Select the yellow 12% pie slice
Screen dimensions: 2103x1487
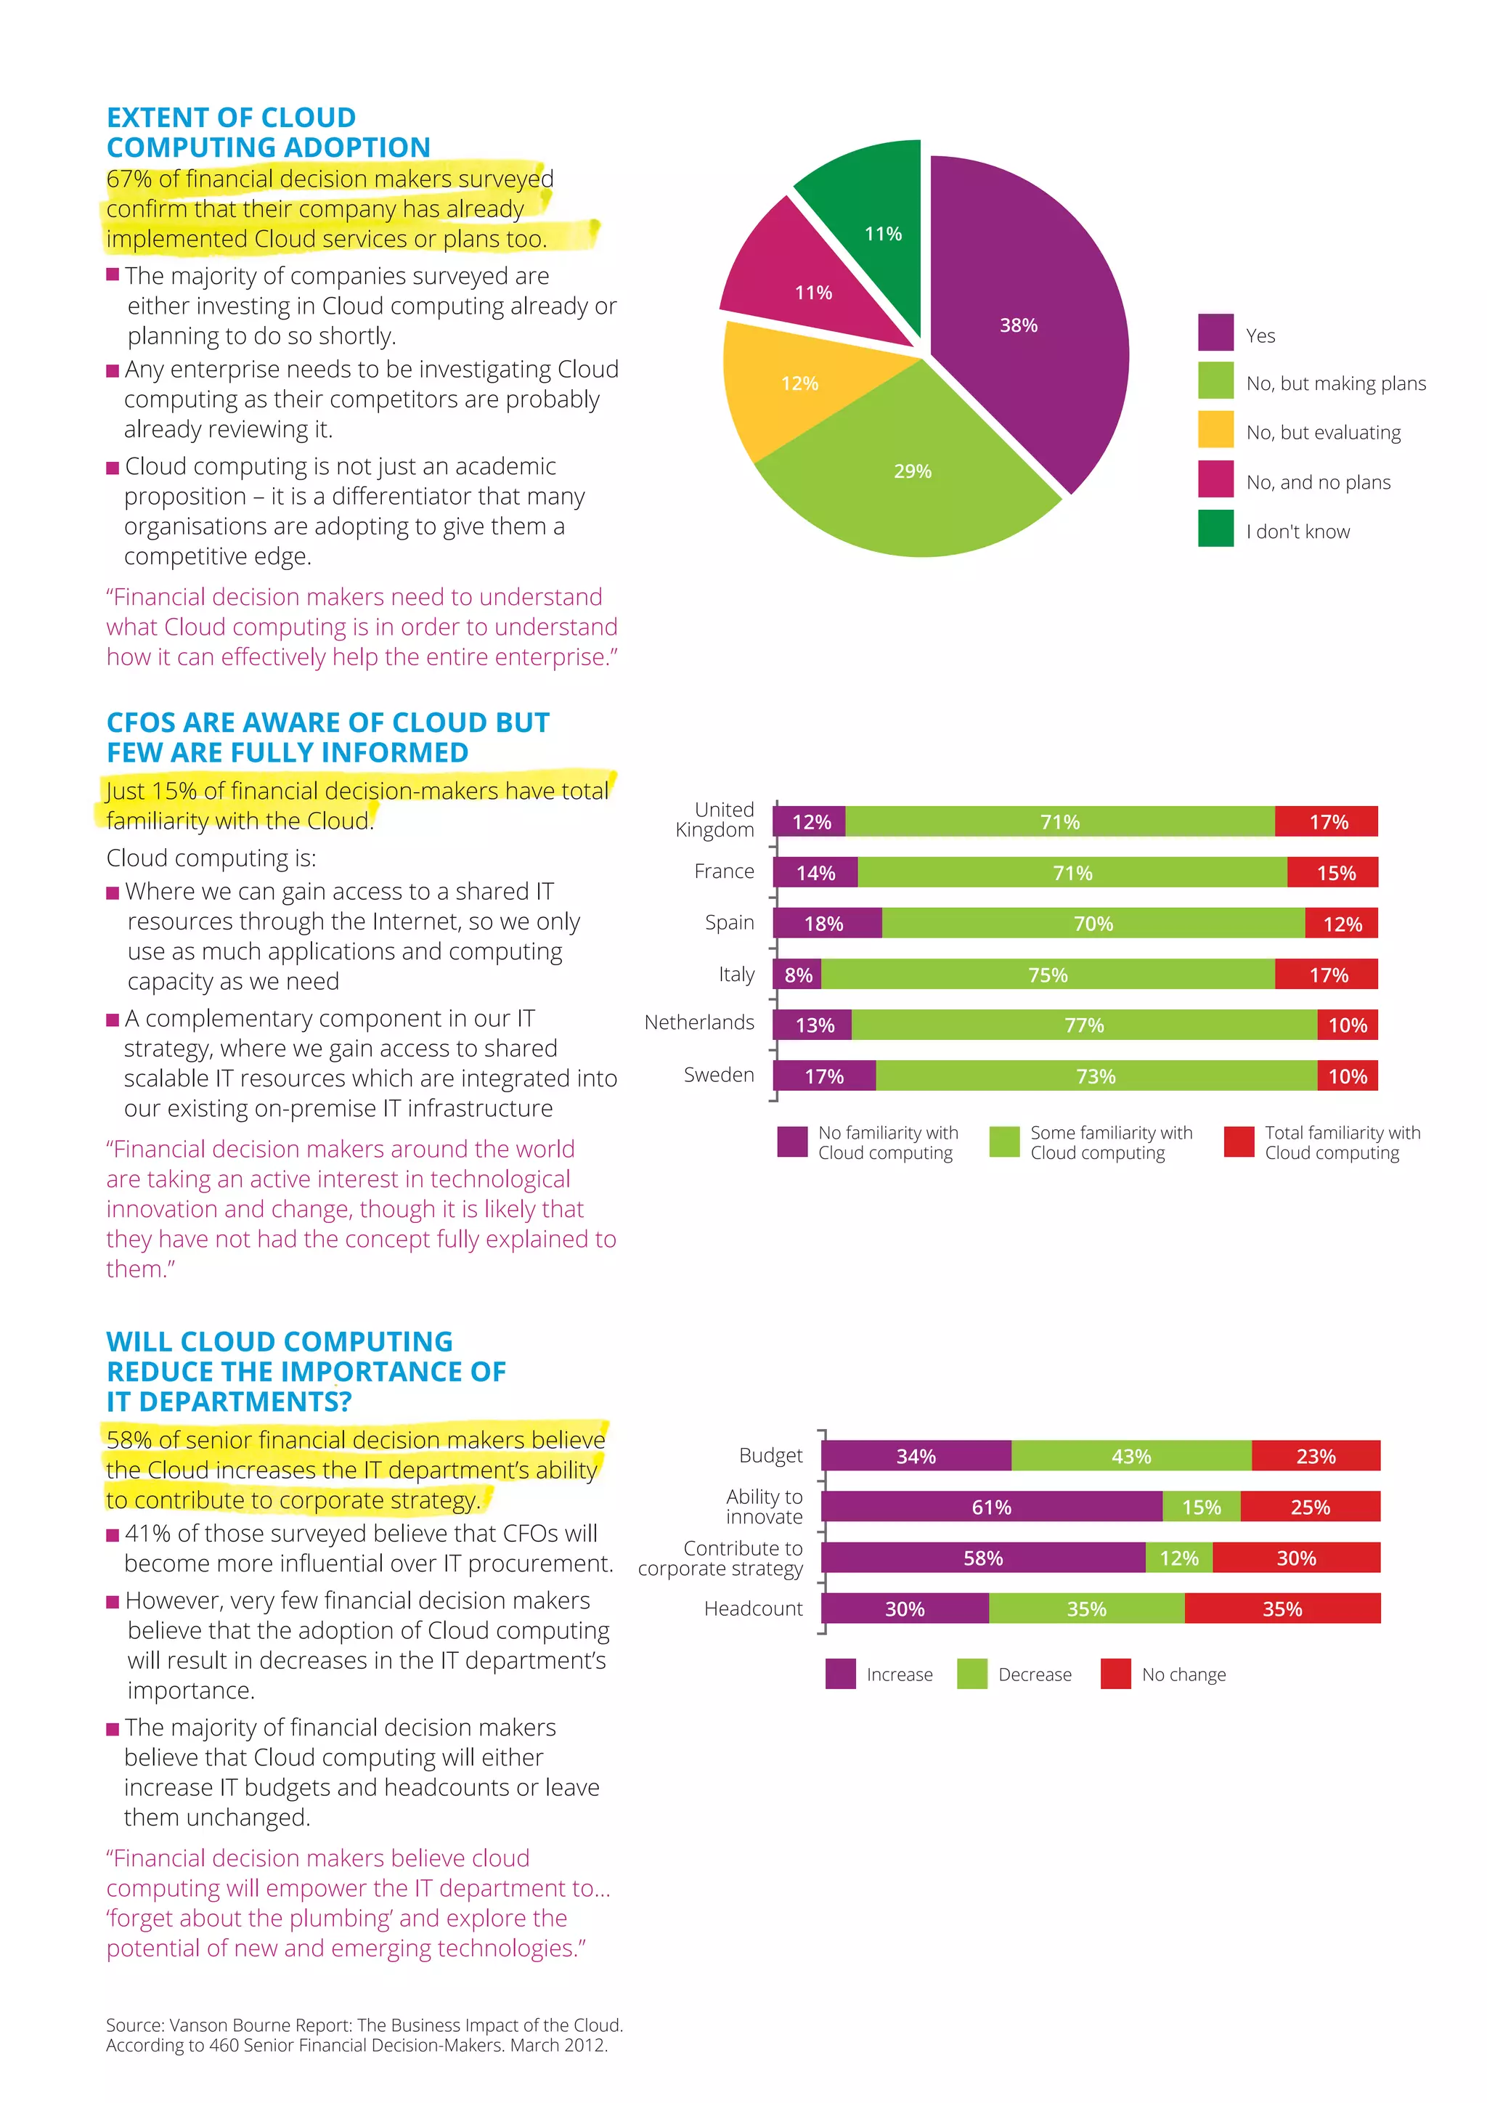coord(797,385)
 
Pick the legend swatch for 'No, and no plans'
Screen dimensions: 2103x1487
coord(1215,478)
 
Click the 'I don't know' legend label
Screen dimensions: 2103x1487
coord(1297,532)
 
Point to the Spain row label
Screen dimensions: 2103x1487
coord(729,922)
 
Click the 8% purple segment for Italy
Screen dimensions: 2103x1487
coord(797,975)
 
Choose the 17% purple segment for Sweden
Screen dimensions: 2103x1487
coord(824,1076)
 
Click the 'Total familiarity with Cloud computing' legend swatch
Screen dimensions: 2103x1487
coord(1238,1142)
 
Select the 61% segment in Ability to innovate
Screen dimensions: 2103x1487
coord(992,1507)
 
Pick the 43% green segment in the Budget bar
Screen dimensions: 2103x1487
coord(1130,1457)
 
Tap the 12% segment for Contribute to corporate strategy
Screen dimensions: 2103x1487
coord(1178,1558)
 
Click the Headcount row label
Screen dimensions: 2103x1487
coord(753,1608)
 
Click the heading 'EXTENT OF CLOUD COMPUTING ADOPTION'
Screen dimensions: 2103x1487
coord(267,133)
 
